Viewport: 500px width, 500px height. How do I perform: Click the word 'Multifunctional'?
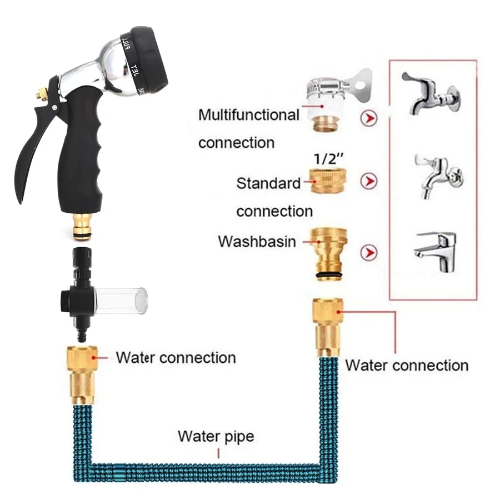249,115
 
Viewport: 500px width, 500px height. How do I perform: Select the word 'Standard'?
268,183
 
